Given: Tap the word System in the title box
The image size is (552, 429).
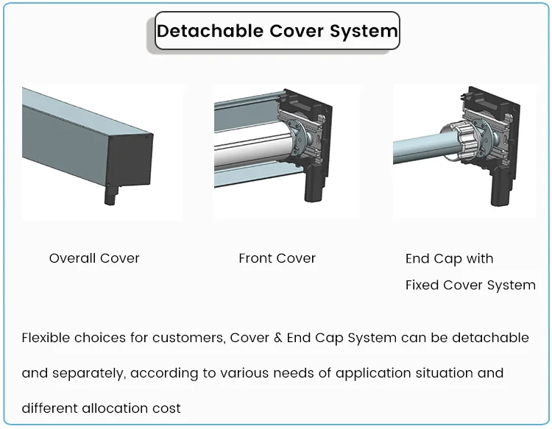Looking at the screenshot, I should (363, 31).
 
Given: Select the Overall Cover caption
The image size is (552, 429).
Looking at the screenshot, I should (94, 258).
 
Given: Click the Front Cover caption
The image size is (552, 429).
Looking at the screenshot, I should (277, 258).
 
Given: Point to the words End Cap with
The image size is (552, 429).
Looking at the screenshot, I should (449, 258).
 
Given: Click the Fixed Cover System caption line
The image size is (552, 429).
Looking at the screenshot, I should (470, 285).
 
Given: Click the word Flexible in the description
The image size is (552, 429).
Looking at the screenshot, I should (46, 338).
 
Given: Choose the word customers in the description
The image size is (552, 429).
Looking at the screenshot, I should (186, 338).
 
